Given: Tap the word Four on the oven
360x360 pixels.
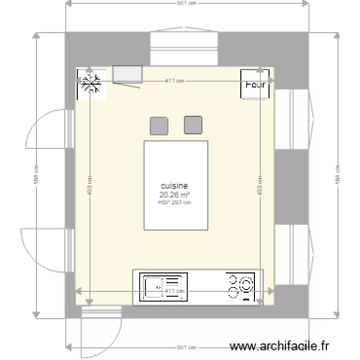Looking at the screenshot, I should coord(255,84).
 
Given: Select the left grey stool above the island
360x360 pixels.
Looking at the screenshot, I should coord(159,125).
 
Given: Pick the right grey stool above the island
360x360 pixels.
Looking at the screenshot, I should coord(193,124).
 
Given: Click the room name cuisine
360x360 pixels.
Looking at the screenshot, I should coord(175,186).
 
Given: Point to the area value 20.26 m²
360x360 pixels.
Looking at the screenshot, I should coord(175,194).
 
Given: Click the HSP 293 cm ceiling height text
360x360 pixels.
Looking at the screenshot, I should coord(175,202).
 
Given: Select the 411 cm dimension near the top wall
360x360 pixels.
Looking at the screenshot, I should coord(174,81).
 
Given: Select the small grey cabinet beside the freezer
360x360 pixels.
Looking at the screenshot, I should coord(127,74).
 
